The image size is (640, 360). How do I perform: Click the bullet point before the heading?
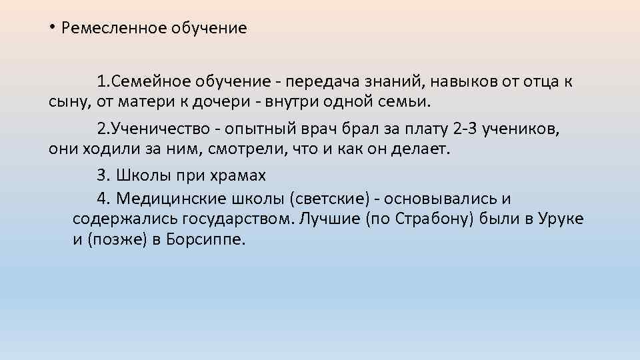click(51, 27)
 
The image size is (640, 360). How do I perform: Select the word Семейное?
click(153, 82)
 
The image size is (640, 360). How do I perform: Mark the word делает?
click(422, 149)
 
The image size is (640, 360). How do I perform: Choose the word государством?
click(235, 219)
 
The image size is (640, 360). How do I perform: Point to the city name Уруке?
click(561, 219)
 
